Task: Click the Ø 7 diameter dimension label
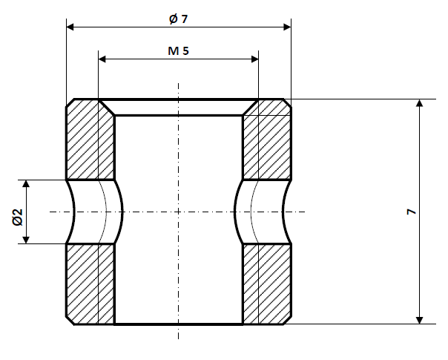[178, 19]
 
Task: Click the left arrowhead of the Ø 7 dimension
[71, 27]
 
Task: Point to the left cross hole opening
[93, 212]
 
